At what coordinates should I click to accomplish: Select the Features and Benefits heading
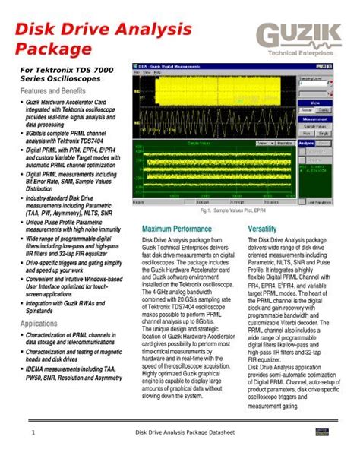point(51,90)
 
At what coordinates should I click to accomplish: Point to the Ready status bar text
point(140,202)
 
